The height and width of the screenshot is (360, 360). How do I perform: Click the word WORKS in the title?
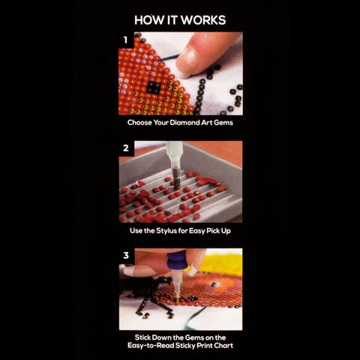(203, 20)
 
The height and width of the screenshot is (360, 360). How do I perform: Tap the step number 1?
(125, 40)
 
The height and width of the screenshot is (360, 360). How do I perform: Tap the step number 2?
(126, 148)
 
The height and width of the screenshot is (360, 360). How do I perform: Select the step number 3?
(126, 256)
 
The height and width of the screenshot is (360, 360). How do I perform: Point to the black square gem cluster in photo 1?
(153, 88)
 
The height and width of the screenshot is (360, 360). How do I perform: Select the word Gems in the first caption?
(223, 123)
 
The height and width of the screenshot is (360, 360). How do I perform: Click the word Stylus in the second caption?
(166, 231)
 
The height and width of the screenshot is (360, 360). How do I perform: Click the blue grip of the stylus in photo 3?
(176, 261)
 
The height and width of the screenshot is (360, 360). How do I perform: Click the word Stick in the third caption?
(142, 337)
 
